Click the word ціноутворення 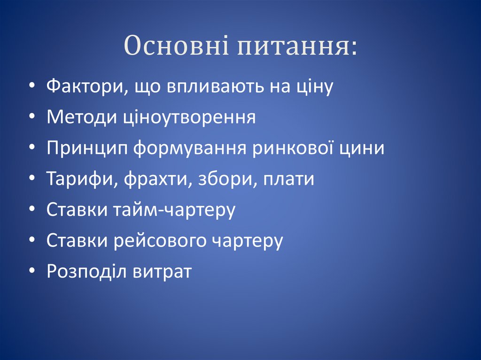[190, 117]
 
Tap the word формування [190, 148]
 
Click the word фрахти [158, 179]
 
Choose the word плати [289, 179]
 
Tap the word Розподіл [86, 272]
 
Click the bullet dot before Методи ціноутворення [31, 118]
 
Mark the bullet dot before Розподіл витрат [31, 273]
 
